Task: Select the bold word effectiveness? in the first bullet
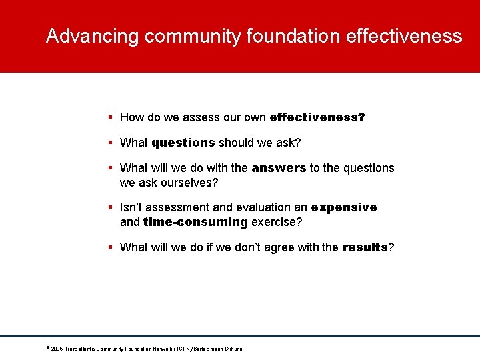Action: coord(317,117)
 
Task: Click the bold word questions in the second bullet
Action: coord(183,143)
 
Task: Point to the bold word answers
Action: coord(279,168)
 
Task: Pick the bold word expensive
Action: coord(343,207)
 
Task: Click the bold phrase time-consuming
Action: coord(195,222)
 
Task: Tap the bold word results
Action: coord(365,247)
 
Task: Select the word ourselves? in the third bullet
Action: coord(196,183)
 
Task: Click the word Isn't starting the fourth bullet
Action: coord(131,207)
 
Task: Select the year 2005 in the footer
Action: coord(56,349)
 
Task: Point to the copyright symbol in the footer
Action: coord(47,347)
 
